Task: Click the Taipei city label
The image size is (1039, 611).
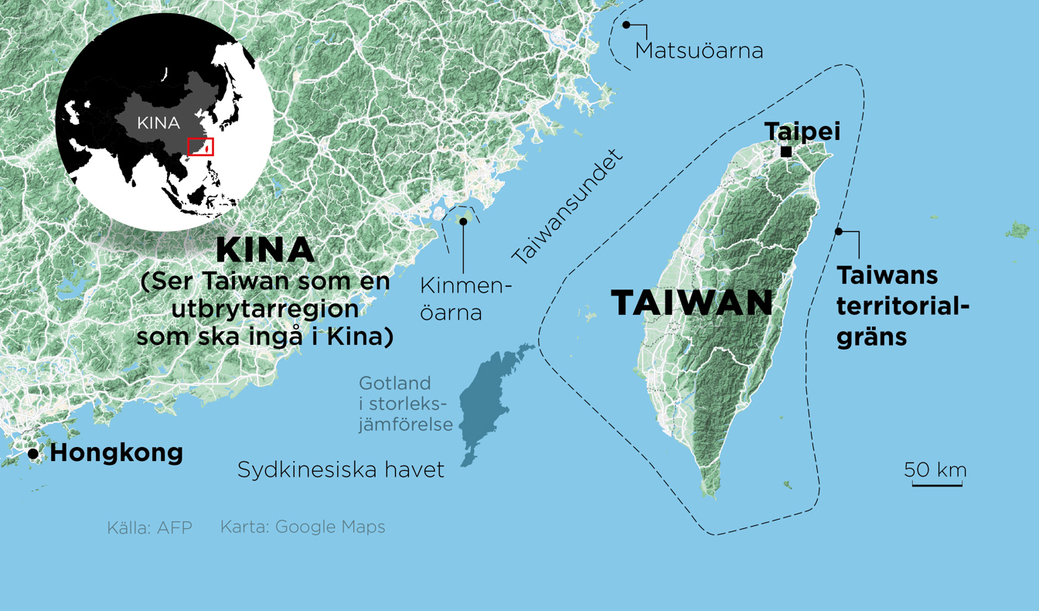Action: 802,131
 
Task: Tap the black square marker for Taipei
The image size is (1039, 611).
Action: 785,152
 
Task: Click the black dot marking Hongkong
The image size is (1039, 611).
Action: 33,454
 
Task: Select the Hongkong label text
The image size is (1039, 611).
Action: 117,452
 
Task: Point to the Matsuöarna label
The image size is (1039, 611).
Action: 699,51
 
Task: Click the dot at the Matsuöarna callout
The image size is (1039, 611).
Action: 626,25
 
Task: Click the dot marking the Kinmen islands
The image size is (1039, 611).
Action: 463,221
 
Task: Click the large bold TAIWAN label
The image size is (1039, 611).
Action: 692,302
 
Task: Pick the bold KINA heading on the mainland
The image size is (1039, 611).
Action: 265,250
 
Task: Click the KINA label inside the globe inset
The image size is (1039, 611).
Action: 158,123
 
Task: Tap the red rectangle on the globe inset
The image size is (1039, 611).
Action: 201,146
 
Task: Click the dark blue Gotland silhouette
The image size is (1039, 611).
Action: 487,402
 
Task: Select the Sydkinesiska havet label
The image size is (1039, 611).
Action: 341,469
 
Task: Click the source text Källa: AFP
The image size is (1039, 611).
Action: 149,528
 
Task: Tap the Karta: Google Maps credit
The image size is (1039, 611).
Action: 302,527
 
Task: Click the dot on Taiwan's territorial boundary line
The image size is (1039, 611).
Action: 839,231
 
